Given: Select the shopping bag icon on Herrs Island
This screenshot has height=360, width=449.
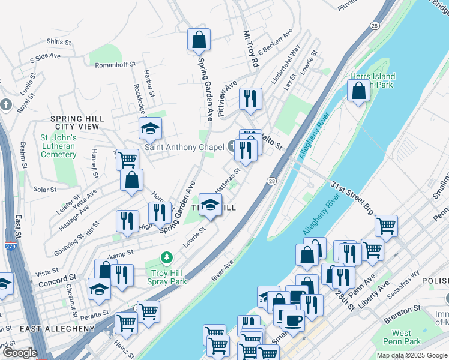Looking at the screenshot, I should (358, 91).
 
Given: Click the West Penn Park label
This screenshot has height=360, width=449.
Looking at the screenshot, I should (402, 337).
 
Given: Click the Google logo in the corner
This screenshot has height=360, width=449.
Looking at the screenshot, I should (20, 353).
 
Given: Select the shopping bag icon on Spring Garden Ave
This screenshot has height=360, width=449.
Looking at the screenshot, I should (199, 40).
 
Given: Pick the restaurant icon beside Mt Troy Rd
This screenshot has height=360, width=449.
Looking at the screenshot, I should (250, 98).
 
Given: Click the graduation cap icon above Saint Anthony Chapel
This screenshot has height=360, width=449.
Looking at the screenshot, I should (151, 128).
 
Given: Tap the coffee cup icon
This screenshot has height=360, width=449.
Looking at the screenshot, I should (293, 319).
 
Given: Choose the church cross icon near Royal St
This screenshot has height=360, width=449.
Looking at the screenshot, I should (5, 104).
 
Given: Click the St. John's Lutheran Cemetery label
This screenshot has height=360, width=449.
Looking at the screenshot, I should (58, 146).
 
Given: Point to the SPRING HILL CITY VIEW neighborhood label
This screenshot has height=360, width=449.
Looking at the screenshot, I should (77, 123).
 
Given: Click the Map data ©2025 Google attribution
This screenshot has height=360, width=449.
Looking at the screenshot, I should (411, 355).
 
